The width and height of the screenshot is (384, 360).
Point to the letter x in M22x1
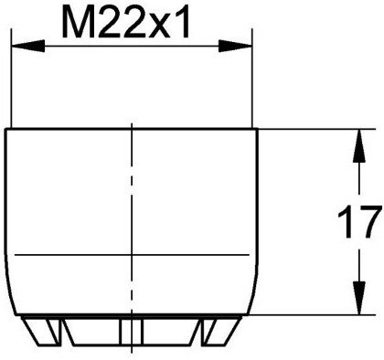[x=163, y=26]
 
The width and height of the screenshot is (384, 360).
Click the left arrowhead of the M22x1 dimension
[x=18, y=43]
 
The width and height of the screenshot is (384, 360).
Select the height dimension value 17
[x=358, y=221]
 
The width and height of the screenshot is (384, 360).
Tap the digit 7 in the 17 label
[x=368, y=221]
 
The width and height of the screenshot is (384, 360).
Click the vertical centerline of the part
[x=133, y=228]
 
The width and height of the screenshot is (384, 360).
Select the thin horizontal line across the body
[x=133, y=251]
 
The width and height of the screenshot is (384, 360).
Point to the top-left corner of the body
[x=7, y=130]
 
